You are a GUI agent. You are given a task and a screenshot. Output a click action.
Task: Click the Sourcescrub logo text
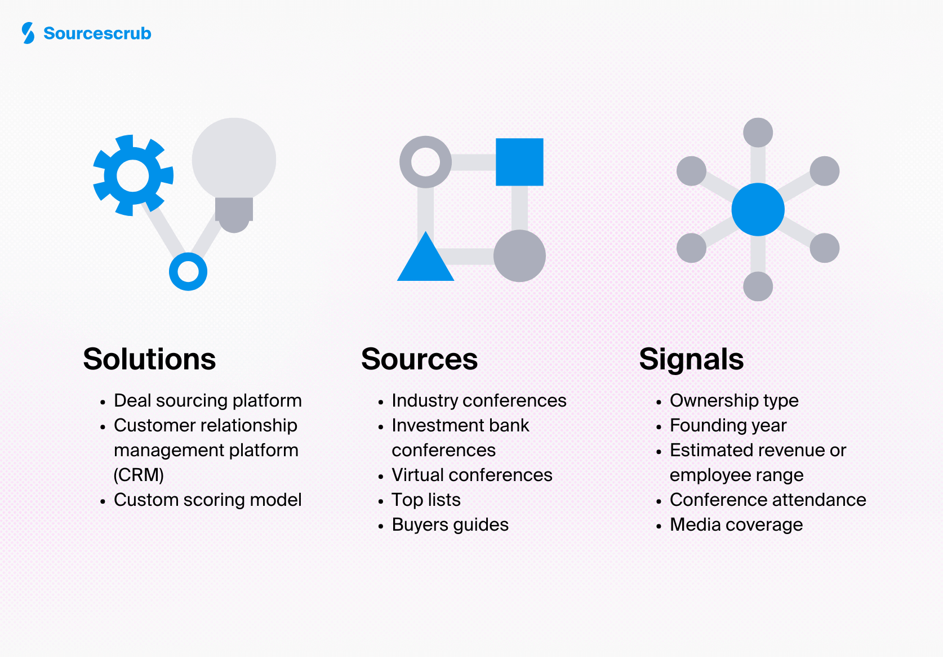click(97, 33)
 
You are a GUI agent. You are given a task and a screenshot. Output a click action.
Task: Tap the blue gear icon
click(133, 175)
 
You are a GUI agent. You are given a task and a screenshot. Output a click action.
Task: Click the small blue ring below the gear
click(188, 271)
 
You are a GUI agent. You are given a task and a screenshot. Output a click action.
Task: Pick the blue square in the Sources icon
click(519, 162)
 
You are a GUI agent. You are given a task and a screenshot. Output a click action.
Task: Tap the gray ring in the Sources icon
click(425, 162)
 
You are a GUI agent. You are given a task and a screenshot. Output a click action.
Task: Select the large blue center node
click(758, 209)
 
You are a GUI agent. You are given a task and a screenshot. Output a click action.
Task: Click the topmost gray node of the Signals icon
click(758, 133)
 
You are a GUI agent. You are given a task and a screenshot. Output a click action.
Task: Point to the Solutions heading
click(149, 359)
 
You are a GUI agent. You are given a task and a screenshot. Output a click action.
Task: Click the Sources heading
click(419, 359)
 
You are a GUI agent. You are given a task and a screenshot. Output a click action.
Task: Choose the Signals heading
click(691, 359)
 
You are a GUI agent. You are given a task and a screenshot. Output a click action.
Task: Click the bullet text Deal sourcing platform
click(207, 400)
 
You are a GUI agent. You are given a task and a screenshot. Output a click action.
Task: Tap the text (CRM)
click(139, 475)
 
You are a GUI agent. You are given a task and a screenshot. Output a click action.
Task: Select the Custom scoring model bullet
click(207, 500)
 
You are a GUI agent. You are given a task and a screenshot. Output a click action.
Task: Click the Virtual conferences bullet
click(471, 475)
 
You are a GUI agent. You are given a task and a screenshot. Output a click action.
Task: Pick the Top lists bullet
click(426, 500)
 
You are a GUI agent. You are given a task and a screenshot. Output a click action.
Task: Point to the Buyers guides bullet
click(450, 524)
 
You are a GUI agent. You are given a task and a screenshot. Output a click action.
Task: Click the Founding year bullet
click(728, 425)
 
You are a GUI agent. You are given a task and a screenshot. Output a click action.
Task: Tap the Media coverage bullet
click(736, 524)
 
